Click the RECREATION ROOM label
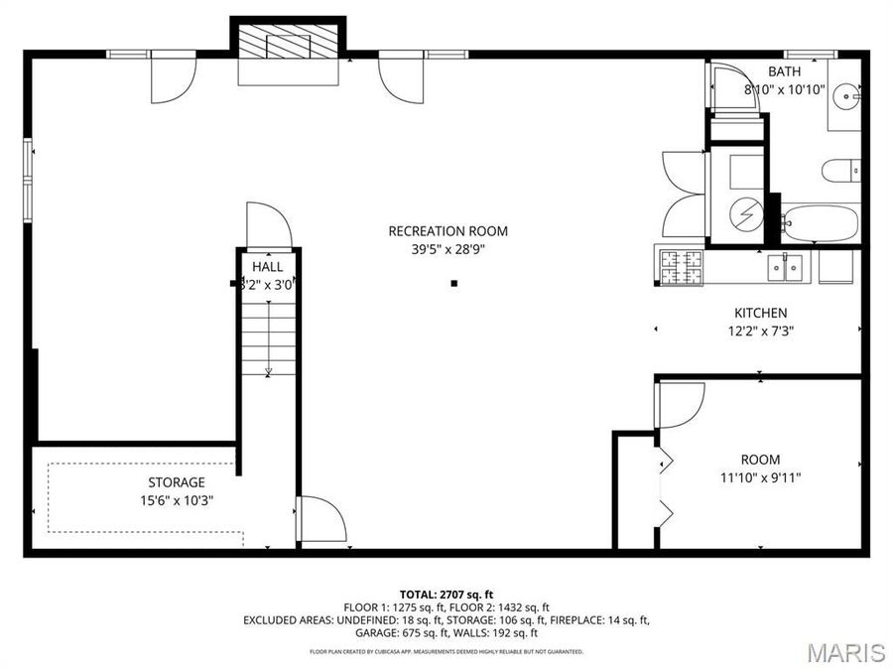447,231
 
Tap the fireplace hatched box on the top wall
289,43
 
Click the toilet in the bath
840,172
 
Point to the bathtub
820,223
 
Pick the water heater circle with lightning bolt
744,212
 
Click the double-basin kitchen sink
786,266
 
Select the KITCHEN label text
760,313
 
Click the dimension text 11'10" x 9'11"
760,477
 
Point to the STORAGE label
177,482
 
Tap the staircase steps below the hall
268,337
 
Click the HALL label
267,267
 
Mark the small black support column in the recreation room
454,284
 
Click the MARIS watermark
845,651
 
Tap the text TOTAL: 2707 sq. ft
446,593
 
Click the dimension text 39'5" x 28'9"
447,250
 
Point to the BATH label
785,71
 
